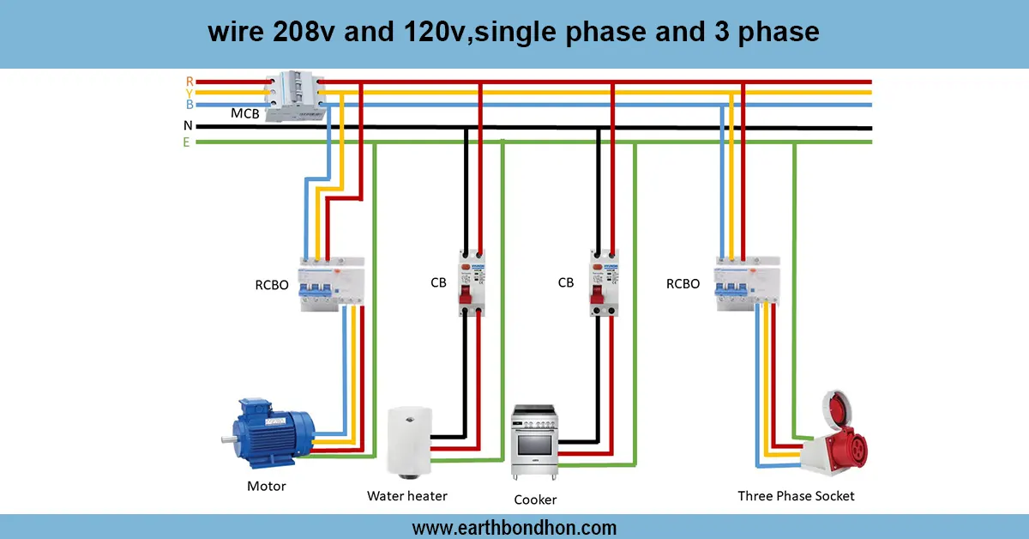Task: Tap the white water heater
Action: (x=408, y=439)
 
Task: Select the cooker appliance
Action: (x=535, y=441)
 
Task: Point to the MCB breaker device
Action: (x=295, y=96)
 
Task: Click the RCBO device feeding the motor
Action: (x=333, y=281)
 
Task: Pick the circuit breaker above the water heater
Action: (x=471, y=282)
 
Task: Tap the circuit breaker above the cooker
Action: (x=603, y=282)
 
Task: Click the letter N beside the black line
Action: (x=188, y=126)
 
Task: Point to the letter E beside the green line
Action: (x=186, y=142)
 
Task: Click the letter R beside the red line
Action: (x=190, y=81)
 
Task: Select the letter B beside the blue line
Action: (x=189, y=105)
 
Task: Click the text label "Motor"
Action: (x=266, y=487)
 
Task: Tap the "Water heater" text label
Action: (x=407, y=496)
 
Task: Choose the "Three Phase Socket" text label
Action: (x=796, y=496)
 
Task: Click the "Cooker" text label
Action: (x=535, y=500)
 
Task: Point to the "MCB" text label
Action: (x=244, y=113)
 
